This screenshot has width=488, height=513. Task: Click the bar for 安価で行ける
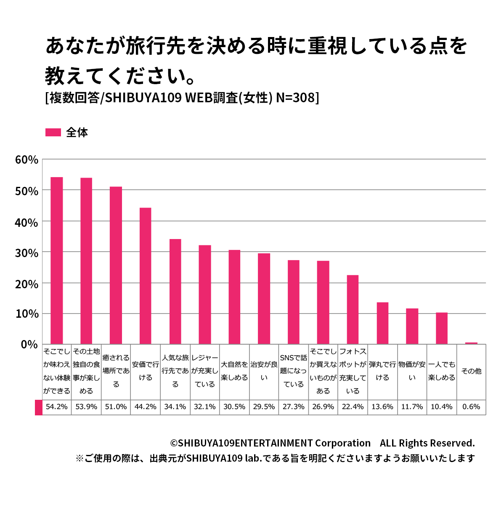145,276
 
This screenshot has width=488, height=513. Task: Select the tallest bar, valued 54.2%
56,260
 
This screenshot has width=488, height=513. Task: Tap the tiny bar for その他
471,343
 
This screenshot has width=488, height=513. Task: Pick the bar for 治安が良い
264,298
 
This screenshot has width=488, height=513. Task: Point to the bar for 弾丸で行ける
382,323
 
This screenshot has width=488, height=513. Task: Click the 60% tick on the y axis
27,160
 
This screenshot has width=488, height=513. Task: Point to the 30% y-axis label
27,253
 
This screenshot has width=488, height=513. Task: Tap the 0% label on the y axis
29,345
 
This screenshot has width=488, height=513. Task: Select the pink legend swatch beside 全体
53,133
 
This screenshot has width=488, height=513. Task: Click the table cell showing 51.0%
116,407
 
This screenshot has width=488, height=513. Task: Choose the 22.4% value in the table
353,407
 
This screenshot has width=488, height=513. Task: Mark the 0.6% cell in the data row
471,407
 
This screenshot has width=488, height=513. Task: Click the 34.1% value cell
175,407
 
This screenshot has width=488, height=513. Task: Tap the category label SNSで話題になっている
293,371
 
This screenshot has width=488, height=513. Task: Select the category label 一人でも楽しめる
442,371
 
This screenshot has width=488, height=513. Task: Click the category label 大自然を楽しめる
234,371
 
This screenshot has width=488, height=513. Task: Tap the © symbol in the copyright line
174,444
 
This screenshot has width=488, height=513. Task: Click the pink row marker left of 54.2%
39,407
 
